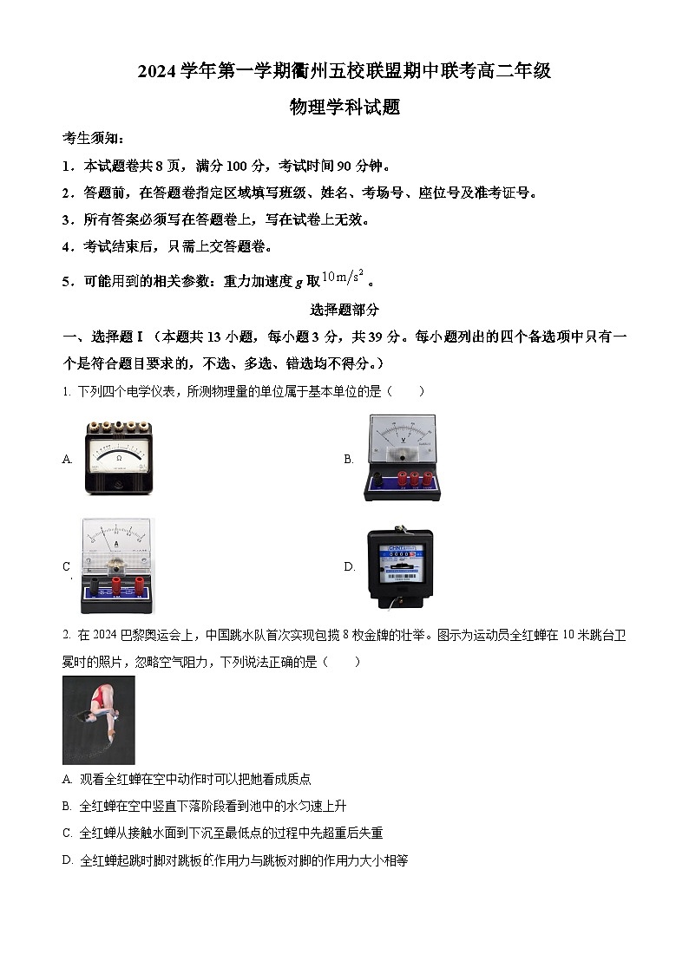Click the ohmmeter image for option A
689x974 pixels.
tap(119, 458)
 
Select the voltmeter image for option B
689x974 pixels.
tap(402, 458)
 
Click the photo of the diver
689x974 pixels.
tap(99, 720)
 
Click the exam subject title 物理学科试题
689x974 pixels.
tap(344, 108)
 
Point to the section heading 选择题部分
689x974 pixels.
tap(344, 310)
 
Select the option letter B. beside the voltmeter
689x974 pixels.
tap(349, 460)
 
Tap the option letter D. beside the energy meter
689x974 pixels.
tap(349, 567)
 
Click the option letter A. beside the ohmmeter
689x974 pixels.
tap(68, 460)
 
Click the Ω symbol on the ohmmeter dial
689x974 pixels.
tap(119, 456)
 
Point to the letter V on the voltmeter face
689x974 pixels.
tap(403, 451)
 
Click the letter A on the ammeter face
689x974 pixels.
tap(116, 544)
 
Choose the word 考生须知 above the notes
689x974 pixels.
tap(93, 139)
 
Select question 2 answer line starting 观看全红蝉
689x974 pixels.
tap(187, 780)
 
